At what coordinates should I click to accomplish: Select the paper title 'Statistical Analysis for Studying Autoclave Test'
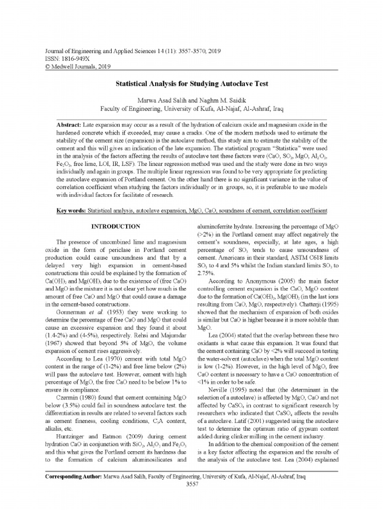191,84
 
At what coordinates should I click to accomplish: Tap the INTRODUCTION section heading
116,227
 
